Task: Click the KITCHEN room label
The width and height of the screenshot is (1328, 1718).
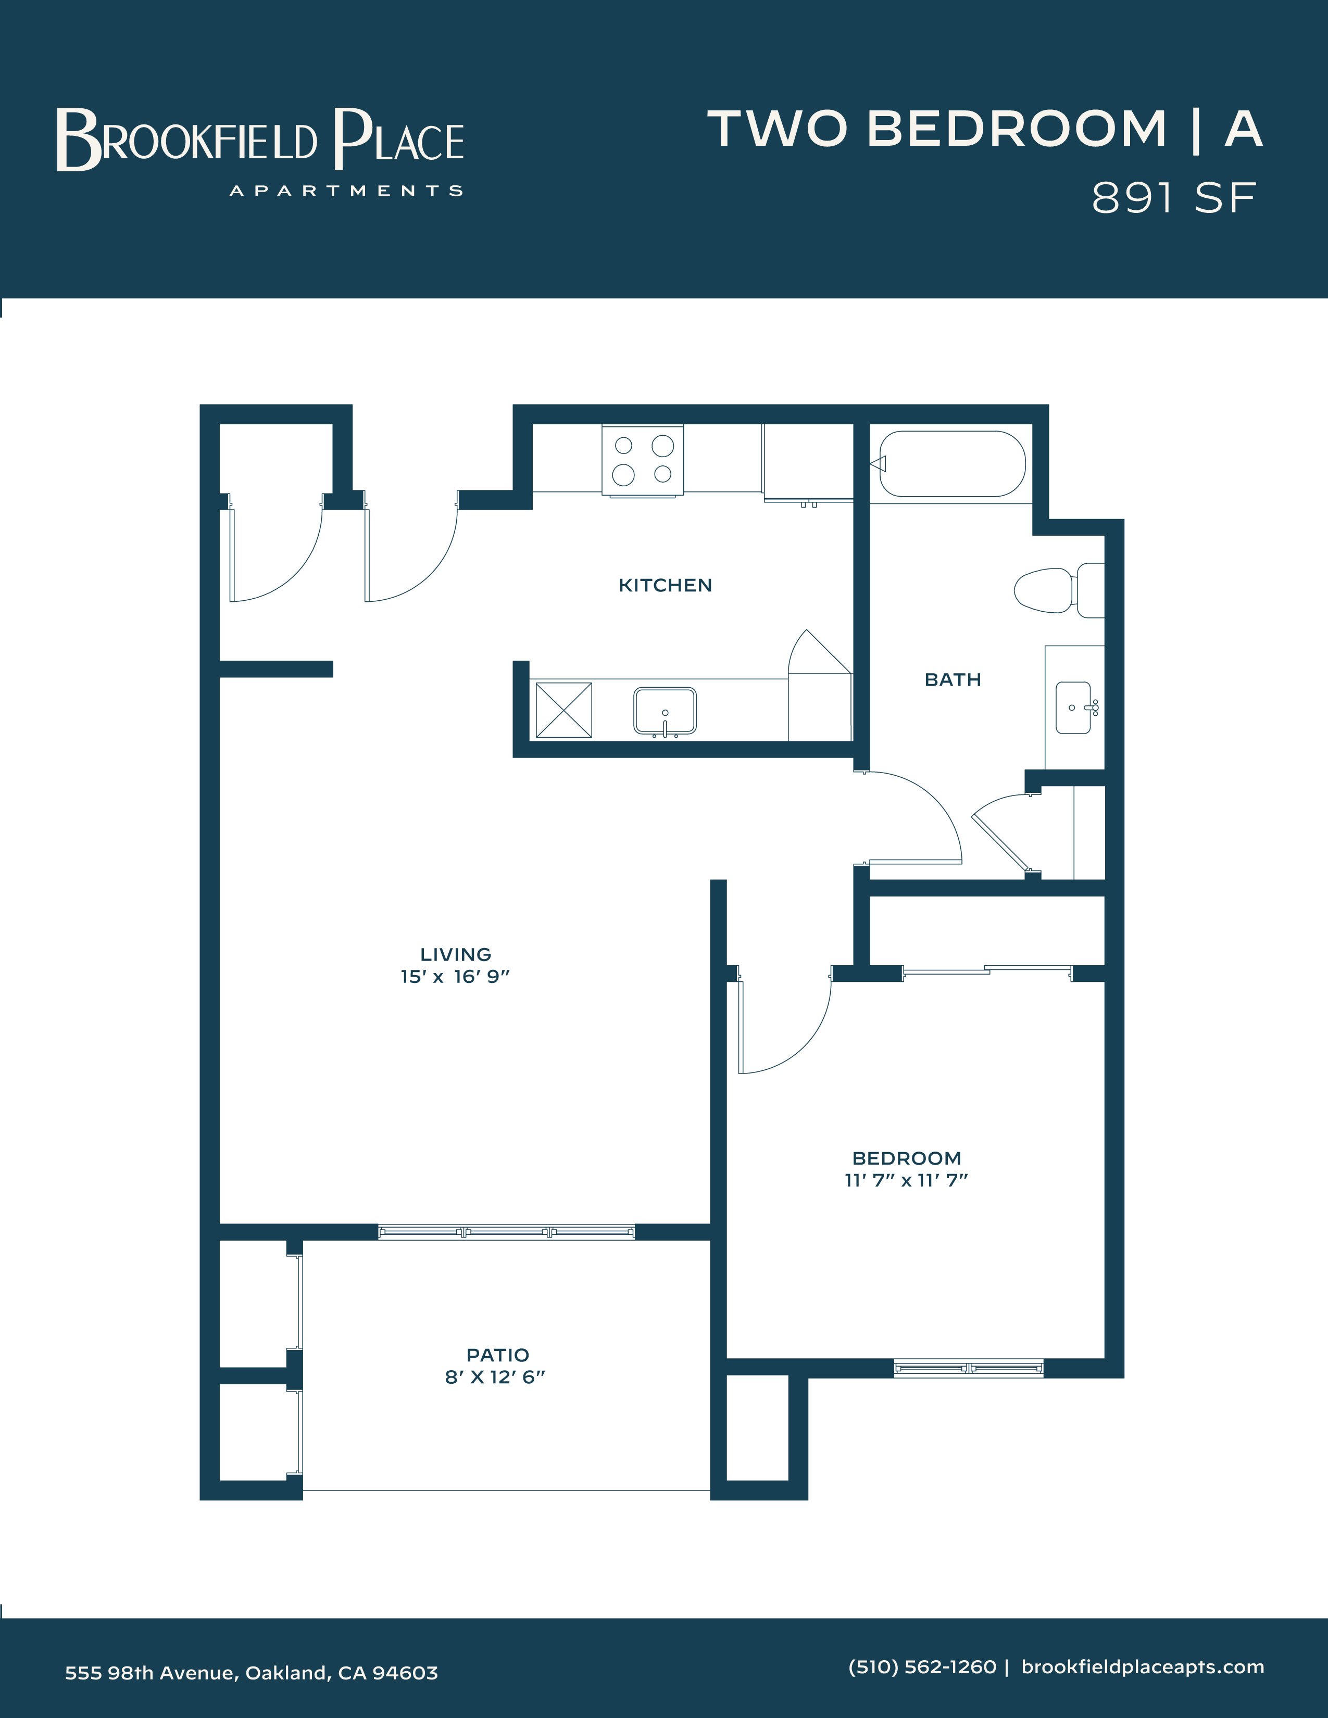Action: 665,585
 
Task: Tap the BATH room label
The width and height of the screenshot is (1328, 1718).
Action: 953,679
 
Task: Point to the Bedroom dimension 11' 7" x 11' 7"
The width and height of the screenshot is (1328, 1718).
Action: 906,1181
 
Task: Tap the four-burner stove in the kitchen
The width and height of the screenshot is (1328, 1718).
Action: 643,460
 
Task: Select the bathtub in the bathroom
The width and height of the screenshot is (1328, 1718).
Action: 953,464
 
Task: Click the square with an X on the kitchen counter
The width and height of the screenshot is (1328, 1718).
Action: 563,710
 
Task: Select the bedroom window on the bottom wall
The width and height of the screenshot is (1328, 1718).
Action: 969,1369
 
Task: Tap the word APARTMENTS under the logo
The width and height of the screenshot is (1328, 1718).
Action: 346,191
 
